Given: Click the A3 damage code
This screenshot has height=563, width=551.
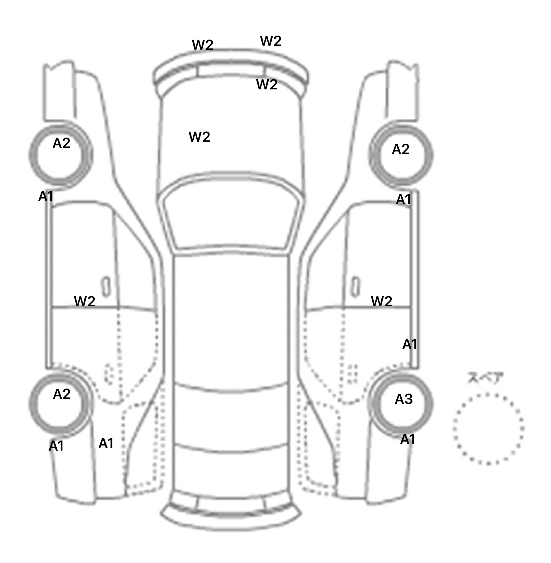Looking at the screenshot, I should pyautogui.click(x=404, y=399).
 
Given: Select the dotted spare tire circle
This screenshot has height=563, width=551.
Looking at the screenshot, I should pyautogui.click(x=489, y=429).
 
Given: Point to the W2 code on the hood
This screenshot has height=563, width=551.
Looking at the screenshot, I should pyautogui.click(x=199, y=137).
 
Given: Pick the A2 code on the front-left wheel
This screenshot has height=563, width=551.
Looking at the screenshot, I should pyautogui.click(x=61, y=144).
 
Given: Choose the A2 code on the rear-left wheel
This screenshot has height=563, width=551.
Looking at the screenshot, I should pyautogui.click(x=62, y=395).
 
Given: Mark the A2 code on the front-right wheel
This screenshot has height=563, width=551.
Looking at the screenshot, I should pyautogui.click(x=401, y=149).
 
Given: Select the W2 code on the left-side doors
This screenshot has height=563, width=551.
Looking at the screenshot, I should pyautogui.click(x=85, y=301).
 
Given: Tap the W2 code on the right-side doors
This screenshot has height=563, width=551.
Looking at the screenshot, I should pyautogui.click(x=382, y=301).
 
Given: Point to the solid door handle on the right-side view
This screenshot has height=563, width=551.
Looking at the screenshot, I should pyautogui.click(x=355, y=287).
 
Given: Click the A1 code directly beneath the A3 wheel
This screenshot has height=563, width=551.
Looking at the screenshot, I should pyautogui.click(x=408, y=439).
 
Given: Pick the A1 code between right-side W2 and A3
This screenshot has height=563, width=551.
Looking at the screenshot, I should pyautogui.click(x=410, y=345).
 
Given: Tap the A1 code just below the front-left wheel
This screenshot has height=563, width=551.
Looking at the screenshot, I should pyautogui.click(x=46, y=196).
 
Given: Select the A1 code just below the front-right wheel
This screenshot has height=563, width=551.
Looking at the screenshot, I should pyautogui.click(x=403, y=200).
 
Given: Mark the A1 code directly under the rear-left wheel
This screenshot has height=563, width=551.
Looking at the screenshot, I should pyautogui.click(x=56, y=446).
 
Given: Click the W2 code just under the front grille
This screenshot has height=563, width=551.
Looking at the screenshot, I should pyautogui.click(x=267, y=85).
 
